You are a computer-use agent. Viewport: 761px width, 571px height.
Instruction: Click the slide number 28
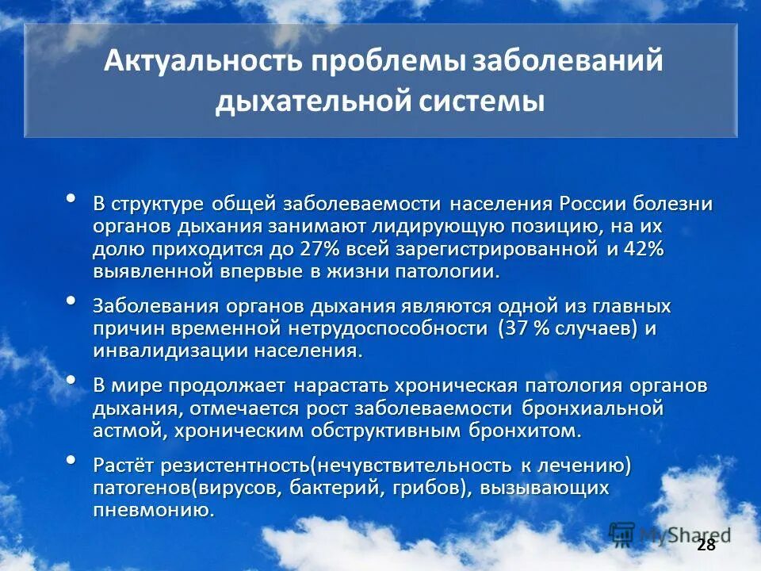tap(706, 545)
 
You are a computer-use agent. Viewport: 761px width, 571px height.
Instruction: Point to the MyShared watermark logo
tap(670, 534)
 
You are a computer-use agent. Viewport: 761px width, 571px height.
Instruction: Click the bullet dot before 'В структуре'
tap(71, 198)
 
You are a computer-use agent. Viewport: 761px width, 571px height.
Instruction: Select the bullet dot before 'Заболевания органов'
tap(71, 301)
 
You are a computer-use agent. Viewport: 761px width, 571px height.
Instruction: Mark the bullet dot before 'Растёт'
tap(71, 459)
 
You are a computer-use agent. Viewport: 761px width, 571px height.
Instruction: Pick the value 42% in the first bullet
tap(643, 249)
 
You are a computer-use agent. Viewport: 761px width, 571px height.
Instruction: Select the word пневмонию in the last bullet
tap(153, 509)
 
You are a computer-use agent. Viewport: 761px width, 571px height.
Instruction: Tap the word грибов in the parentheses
tap(426, 487)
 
